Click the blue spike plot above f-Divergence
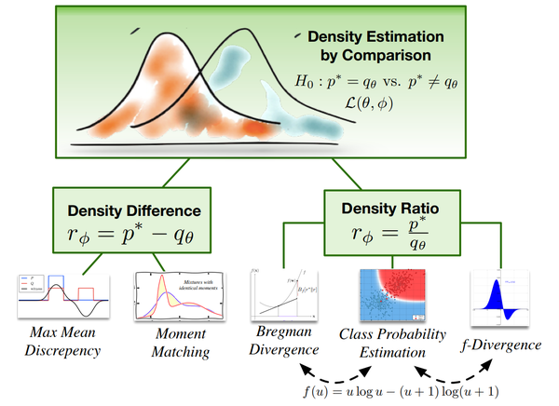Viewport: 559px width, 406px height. (506, 300)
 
